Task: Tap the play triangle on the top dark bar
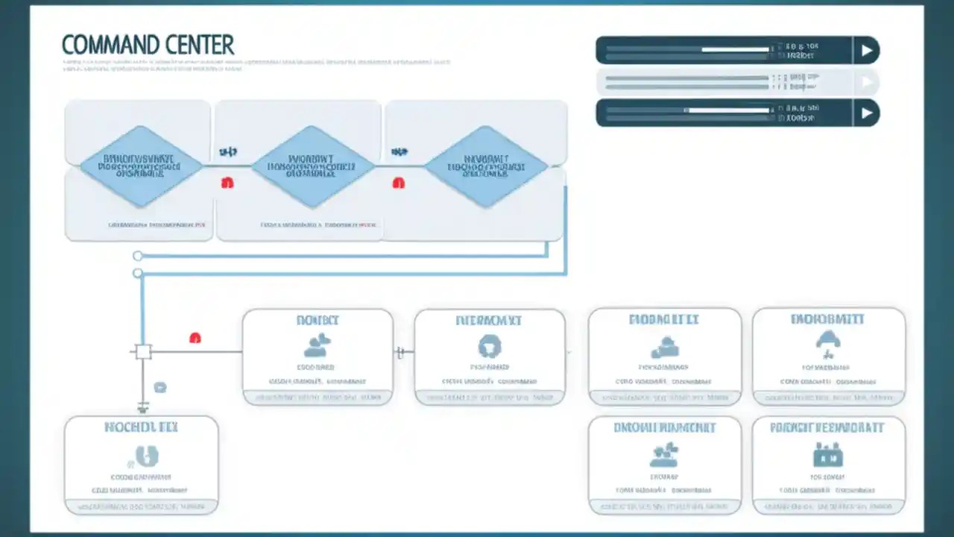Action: (866, 51)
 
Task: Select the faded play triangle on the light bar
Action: (866, 82)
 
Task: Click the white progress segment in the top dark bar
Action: (736, 50)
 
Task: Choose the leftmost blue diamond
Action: (141, 166)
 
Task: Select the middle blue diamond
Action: (312, 166)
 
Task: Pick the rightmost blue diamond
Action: (486, 166)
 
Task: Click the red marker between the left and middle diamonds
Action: (227, 183)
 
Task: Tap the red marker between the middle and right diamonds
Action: (399, 183)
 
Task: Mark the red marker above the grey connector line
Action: (195, 338)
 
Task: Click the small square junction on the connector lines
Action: (143, 351)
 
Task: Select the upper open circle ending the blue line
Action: (138, 256)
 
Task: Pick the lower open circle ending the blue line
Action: (138, 274)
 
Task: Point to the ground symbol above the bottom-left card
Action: (143, 407)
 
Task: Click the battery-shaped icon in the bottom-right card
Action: (827, 454)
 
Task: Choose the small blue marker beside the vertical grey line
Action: (160, 387)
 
